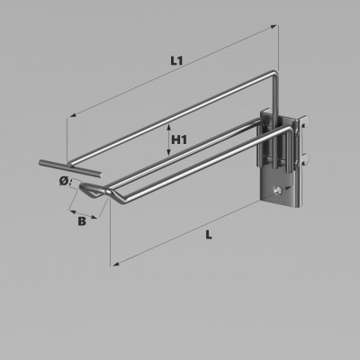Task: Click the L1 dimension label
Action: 176,61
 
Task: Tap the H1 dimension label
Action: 179,139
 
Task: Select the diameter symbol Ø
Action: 64,181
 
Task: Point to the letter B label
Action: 82,221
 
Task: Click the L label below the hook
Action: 209,235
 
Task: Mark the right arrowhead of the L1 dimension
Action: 274,27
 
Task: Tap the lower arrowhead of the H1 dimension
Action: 169,153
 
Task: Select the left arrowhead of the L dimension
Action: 115,264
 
